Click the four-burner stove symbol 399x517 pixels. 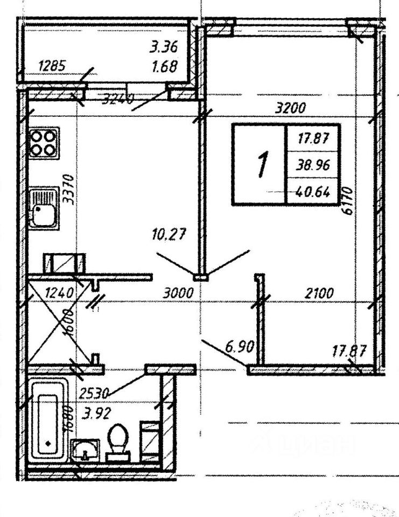tap(44, 143)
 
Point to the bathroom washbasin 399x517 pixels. tap(85, 449)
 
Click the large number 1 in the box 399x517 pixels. tap(262, 164)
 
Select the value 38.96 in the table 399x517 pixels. tap(313, 167)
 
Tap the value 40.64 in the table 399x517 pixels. tap(313, 191)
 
